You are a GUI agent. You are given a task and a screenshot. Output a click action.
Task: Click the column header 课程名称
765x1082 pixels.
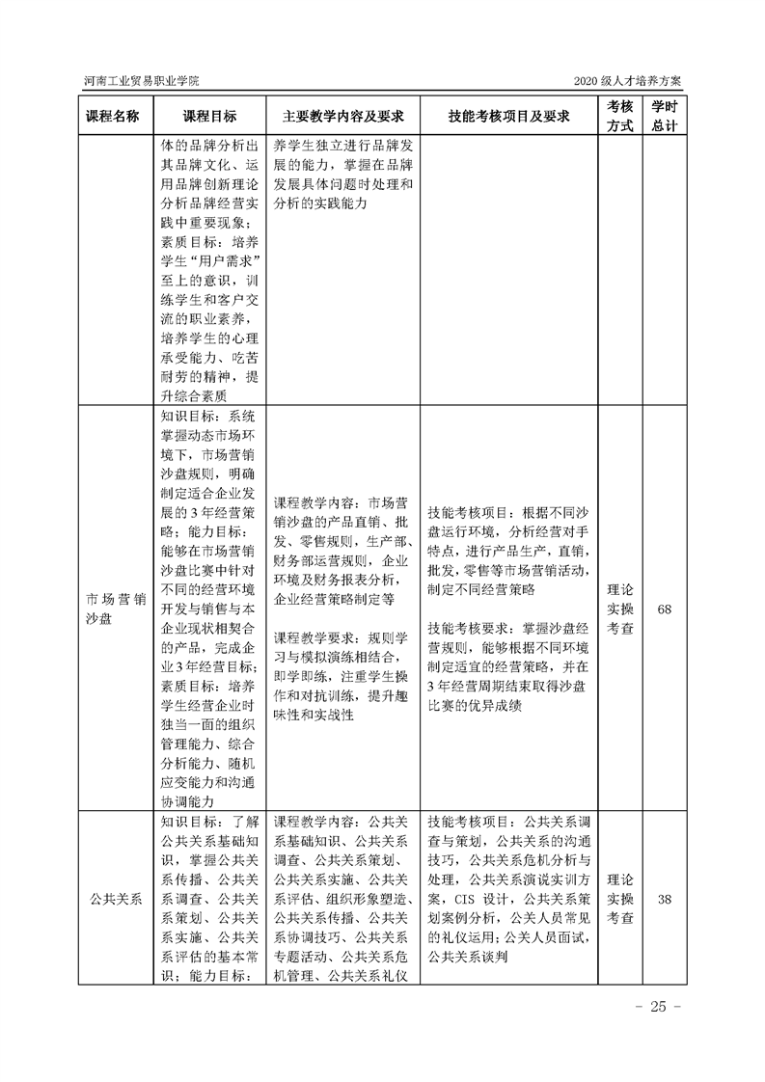[x=113, y=116]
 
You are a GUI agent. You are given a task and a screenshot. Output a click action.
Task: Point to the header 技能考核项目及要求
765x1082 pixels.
[x=508, y=116]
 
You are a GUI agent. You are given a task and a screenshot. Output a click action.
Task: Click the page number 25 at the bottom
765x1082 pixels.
[x=659, y=1007]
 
